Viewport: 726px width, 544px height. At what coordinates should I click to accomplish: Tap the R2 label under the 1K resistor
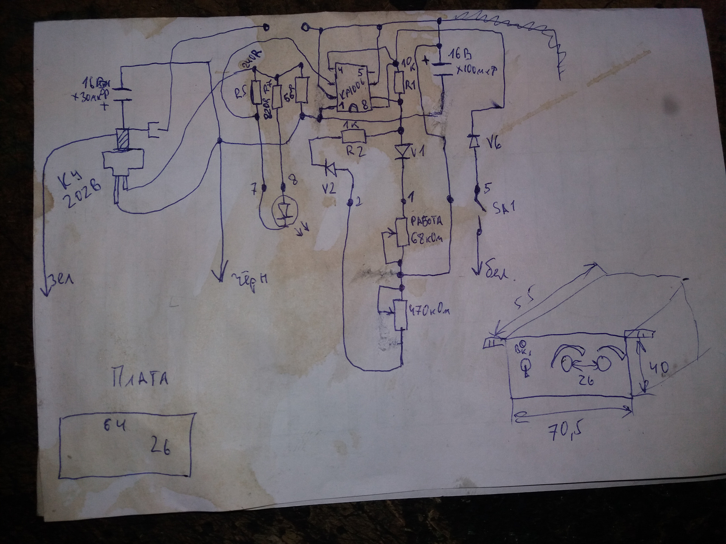(355, 151)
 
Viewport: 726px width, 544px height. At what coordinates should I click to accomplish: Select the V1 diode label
(417, 152)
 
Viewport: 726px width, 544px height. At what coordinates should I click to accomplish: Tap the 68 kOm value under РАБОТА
(426, 238)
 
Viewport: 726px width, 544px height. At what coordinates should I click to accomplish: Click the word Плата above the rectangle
(140, 378)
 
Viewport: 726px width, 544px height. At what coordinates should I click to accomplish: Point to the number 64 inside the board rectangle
(115, 426)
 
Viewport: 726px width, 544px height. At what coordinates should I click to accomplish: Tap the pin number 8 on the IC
(365, 107)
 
